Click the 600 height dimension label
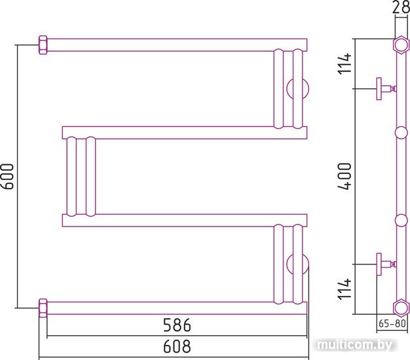point(7,176)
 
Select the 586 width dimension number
point(177,325)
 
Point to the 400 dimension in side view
point(345,176)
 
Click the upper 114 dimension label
point(344,63)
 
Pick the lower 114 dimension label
point(344,289)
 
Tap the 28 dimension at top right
point(401,7)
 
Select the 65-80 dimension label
point(392,323)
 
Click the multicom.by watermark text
point(354,346)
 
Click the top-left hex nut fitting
point(43,45)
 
